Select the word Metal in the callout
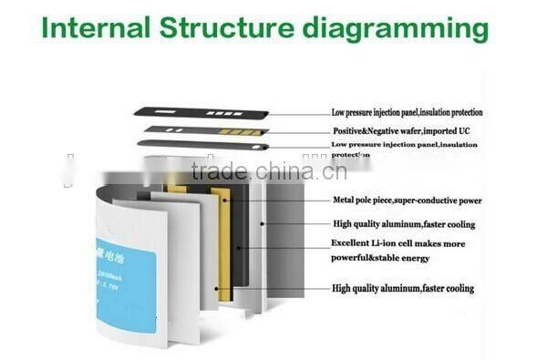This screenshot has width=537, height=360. [346, 201]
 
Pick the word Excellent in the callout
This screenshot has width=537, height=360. [354, 243]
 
